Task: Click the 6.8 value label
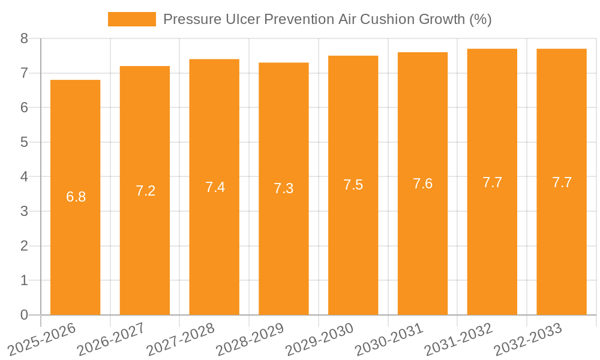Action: pyautogui.click(x=76, y=197)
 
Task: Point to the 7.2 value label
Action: pyautogui.click(x=145, y=191)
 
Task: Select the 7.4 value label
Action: pyautogui.click(x=215, y=187)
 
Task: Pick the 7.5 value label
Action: pyautogui.click(x=353, y=185)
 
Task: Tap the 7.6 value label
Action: pyautogui.click(x=422, y=184)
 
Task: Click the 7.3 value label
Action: pyautogui.click(x=284, y=188)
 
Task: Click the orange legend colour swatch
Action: pyautogui.click(x=131, y=19)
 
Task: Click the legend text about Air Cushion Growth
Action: pyautogui.click(x=327, y=19)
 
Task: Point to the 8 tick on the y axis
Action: pyautogui.click(x=24, y=38)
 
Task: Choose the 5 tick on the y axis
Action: pyautogui.click(x=24, y=142)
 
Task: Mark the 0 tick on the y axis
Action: pyautogui.click(x=24, y=315)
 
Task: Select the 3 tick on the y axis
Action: pyautogui.click(x=24, y=211)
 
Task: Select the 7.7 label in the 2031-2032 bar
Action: pyautogui.click(x=492, y=182)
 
